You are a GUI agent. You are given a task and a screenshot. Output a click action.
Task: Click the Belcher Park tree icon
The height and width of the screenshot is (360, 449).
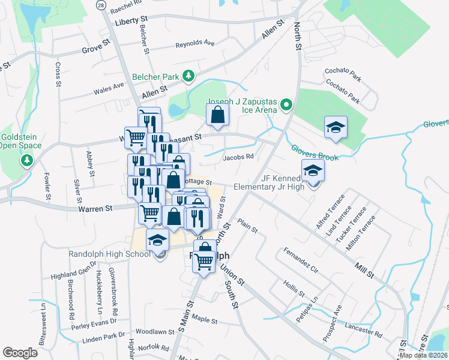[189, 76]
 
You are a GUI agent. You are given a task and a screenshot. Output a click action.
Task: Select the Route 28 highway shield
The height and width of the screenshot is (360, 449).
[101, 5]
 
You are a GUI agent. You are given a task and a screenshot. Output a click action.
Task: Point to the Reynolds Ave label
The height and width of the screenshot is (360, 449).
[194, 44]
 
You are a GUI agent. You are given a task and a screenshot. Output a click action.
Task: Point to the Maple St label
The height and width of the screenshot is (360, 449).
[205, 320]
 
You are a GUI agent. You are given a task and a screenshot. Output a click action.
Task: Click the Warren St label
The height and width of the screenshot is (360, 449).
[95, 209]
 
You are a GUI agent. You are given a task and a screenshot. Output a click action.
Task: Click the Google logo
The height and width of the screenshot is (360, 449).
[20, 352]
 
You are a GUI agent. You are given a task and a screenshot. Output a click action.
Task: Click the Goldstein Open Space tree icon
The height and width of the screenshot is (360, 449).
[26, 160]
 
